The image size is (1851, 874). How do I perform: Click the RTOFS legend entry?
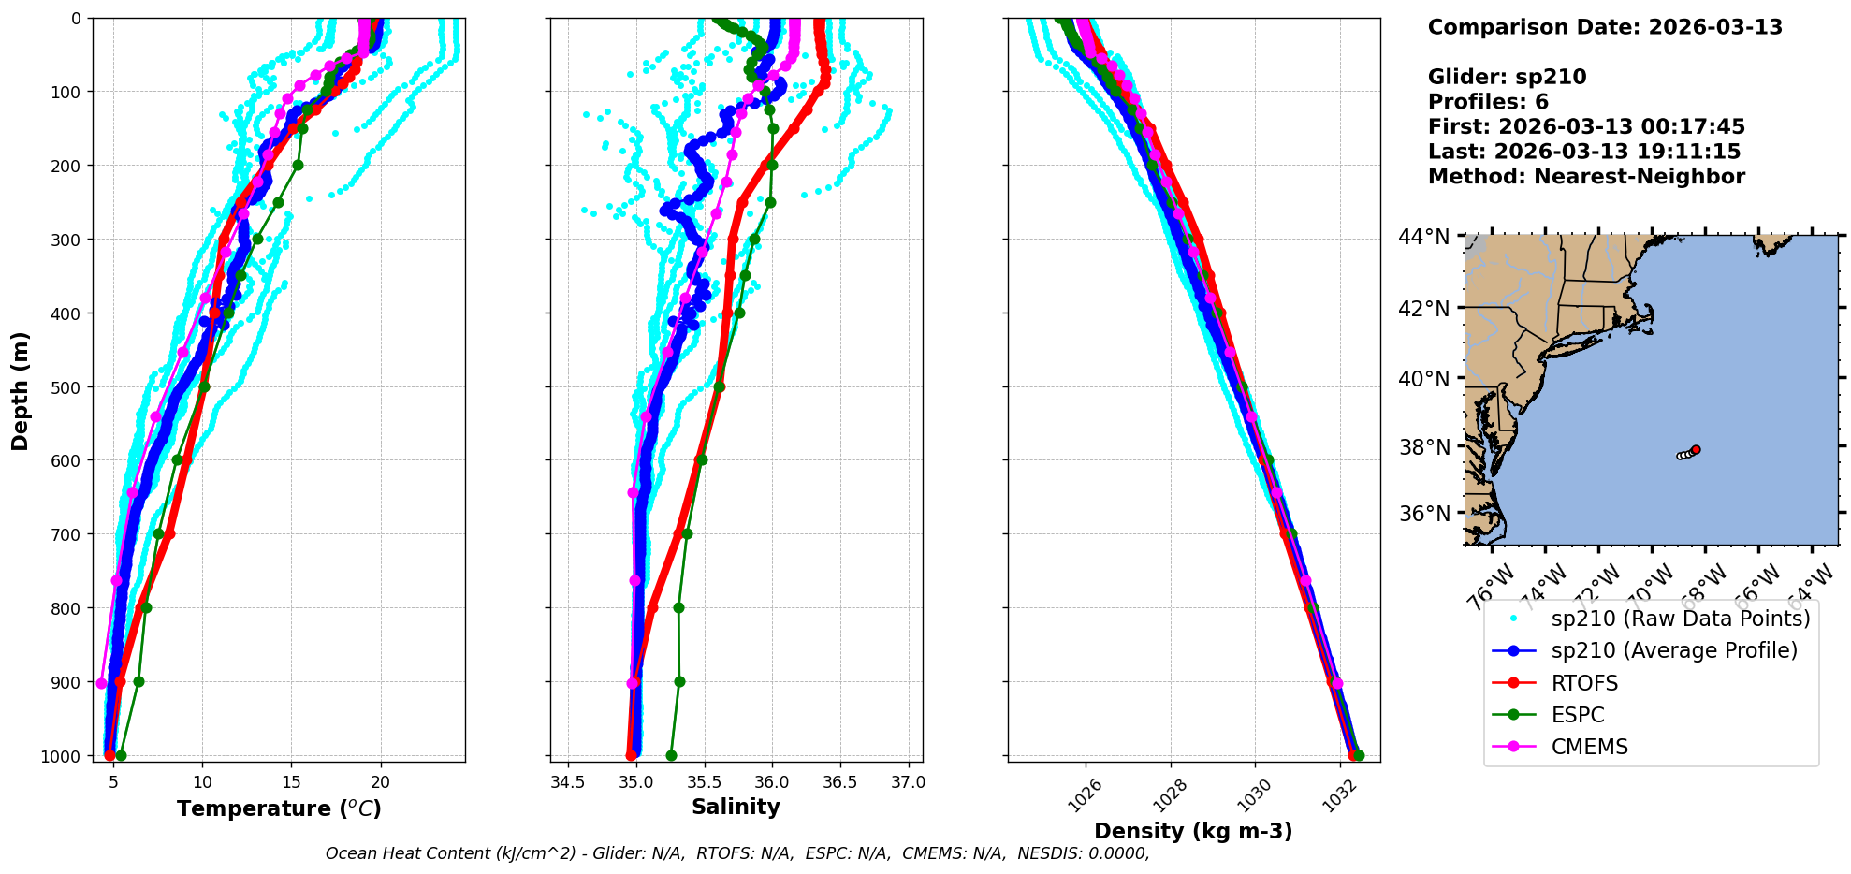click(1584, 683)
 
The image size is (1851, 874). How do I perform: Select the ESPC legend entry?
click(1578, 715)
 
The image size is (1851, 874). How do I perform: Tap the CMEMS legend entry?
click(1589, 747)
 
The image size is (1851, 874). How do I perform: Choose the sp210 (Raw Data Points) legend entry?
click(1680, 619)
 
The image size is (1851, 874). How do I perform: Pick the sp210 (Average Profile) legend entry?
click(1674, 650)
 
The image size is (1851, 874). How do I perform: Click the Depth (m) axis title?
click(21, 391)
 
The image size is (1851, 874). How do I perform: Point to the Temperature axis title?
click(279, 808)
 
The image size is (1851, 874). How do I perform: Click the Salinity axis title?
click(736, 807)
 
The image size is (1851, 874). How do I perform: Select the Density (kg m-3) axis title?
click(1193, 831)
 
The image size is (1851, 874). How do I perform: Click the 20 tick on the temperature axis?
click(380, 782)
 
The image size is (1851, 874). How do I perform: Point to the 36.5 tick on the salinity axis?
click(839, 782)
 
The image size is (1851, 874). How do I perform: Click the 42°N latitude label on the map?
click(1424, 309)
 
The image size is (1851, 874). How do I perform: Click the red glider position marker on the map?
click(1696, 450)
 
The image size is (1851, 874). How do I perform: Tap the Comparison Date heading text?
click(1605, 27)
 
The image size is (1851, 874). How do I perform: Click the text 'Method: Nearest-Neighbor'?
click(1586, 177)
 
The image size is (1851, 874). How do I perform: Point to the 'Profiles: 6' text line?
click(1488, 102)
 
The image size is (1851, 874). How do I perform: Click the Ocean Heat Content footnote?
click(737, 853)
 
